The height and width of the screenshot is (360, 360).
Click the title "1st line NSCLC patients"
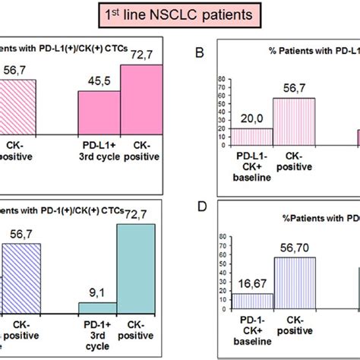(180, 15)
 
